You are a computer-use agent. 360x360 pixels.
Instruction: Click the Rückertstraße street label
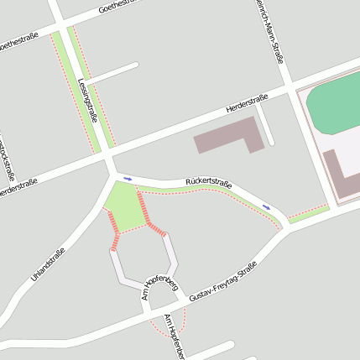[208, 181]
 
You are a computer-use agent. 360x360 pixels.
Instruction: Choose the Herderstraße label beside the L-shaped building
[247, 104]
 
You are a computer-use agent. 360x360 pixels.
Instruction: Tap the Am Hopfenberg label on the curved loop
[162, 284]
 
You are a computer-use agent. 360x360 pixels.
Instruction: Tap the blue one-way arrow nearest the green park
[128, 178]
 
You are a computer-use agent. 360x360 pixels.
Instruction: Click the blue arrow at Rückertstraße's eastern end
[266, 206]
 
